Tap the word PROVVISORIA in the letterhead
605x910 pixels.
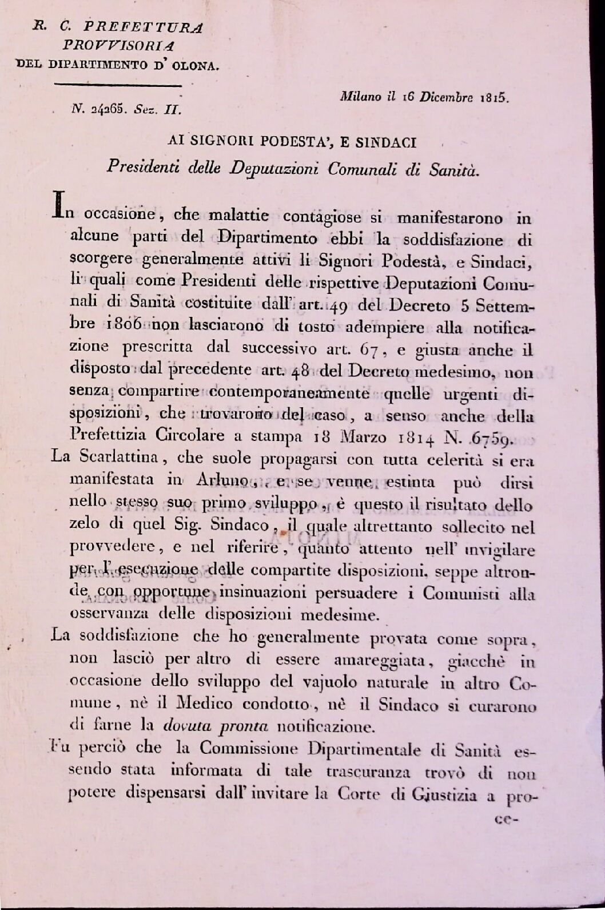[x=118, y=45]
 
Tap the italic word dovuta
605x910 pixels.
[x=186, y=727]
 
